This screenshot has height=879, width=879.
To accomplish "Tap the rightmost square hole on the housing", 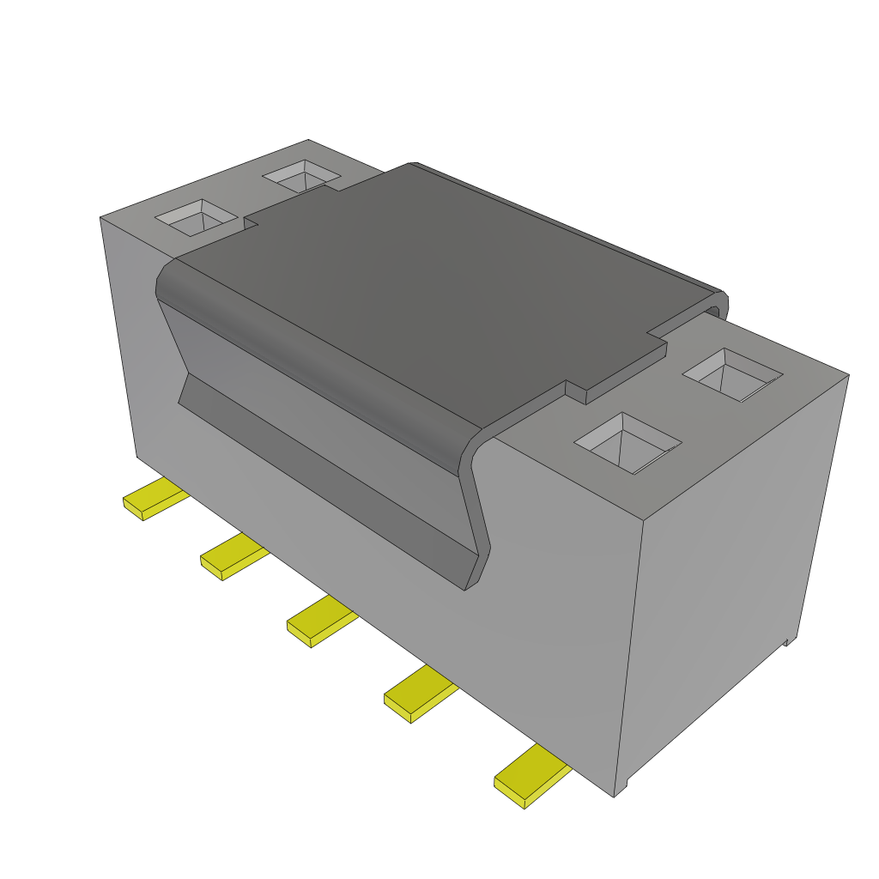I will (732, 374).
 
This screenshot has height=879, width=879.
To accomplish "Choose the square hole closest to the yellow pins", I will (627, 442).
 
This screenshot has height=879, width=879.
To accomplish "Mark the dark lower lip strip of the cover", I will (326, 481).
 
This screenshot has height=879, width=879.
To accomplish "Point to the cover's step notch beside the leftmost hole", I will (251, 224).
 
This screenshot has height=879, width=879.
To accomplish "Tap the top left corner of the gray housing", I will (101, 218).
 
